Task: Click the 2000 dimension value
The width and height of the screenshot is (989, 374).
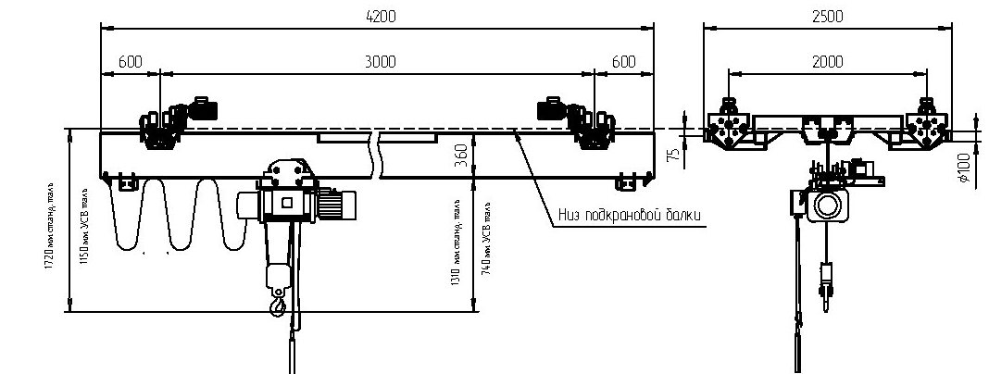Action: pos(827,61)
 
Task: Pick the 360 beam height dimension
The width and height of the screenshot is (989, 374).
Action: pos(461,156)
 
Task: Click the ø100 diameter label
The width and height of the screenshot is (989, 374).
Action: pos(965,169)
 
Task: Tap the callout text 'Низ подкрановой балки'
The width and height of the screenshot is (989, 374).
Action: pos(630,217)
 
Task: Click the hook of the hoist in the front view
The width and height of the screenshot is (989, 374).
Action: pos(276,302)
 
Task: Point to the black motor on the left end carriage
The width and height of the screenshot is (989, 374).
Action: pos(202,108)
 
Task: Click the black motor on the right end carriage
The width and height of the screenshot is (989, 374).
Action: pos(552,109)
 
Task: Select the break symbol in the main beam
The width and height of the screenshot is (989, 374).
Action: pos(377,153)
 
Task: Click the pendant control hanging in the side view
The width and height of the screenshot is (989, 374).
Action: pos(824,279)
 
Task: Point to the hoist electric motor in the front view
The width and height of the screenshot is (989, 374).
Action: pos(338,204)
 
